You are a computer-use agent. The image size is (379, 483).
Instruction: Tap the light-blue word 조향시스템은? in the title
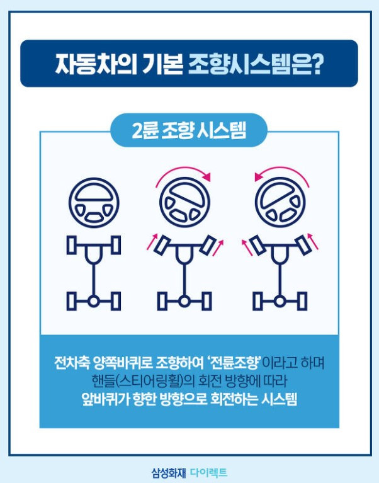click(256, 64)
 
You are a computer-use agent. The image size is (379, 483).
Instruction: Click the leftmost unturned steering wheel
click(93, 202)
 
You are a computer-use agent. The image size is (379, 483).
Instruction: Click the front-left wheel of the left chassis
click(71, 246)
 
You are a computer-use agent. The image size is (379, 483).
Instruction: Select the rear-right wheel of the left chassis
click(115, 301)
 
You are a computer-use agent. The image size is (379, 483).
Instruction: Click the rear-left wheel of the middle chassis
click(163, 301)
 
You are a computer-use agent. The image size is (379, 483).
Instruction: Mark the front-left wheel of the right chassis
click(257, 244)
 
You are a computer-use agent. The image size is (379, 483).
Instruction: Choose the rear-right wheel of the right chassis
click(302, 301)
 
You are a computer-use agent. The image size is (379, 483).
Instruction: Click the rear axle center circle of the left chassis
click(93, 302)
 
